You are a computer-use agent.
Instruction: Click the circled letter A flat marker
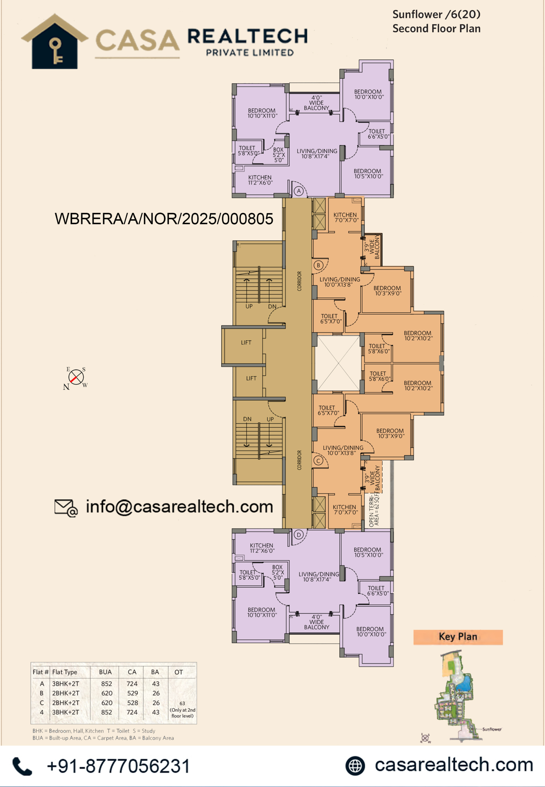pyautogui.click(x=299, y=191)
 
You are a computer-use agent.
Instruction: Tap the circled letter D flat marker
pyautogui.click(x=299, y=535)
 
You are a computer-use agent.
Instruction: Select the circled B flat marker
pyautogui.click(x=318, y=265)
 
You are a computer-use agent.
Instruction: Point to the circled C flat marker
pyautogui.click(x=318, y=461)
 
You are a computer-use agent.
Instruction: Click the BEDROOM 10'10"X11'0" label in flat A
pyautogui.click(x=262, y=113)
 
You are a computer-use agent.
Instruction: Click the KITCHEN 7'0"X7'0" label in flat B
pyautogui.click(x=346, y=217)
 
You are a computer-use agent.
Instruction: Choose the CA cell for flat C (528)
pyautogui.click(x=132, y=703)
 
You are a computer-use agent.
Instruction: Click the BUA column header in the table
pyautogui.click(x=105, y=672)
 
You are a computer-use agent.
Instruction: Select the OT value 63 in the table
pyautogui.click(x=182, y=703)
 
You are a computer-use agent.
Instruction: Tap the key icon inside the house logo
pyautogui.click(x=56, y=51)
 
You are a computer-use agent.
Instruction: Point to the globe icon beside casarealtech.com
pyautogui.click(x=355, y=766)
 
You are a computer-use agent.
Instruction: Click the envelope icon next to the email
pyautogui.click(x=66, y=508)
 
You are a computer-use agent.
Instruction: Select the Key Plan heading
pyautogui.click(x=458, y=637)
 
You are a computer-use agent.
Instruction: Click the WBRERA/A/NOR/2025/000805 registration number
pyautogui.click(x=164, y=219)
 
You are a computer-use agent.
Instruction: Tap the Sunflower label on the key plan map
pyautogui.click(x=492, y=729)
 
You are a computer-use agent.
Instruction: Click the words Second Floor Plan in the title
pyautogui.click(x=436, y=28)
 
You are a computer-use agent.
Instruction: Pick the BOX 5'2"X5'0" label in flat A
pyautogui.click(x=278, y=155)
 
